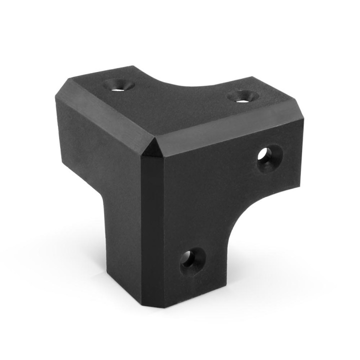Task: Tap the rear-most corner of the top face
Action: pos(136,66)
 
